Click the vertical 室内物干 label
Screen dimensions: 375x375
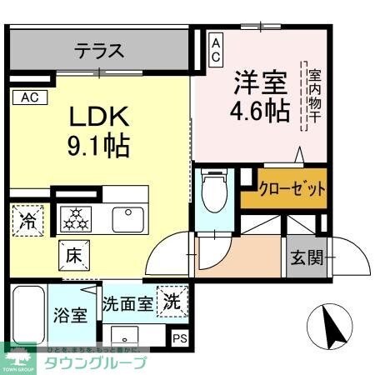pos(314,96)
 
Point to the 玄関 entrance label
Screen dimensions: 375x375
pos(307,257)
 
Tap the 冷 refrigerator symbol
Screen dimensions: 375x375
pos(27,222)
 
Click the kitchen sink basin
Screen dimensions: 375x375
pos(129,220)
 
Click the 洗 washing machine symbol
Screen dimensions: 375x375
pos(172,299)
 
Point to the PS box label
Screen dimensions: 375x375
pos(179,337)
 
